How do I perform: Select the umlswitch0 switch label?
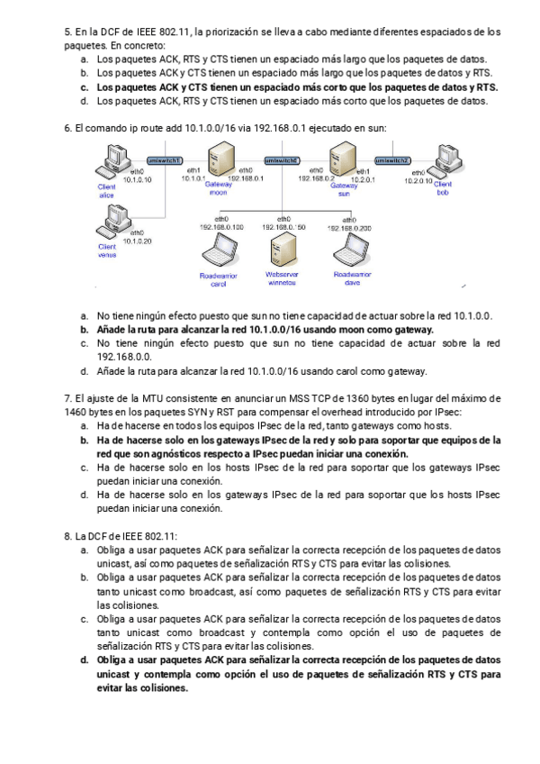(x=281, y=159)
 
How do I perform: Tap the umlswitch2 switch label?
(x=391, y=159)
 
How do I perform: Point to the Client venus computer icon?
(x=116, y=220)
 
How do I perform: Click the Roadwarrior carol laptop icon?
(x=218, y=249)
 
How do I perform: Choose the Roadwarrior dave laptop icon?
(x=346, y=249)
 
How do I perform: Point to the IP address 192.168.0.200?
(x=352, y=227)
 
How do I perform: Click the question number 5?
(x=67, y=32)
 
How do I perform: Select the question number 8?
(x=67, y=536)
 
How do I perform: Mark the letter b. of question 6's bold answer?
(x=84, y=330)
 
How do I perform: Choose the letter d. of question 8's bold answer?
(x=84, y=659)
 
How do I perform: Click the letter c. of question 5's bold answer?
(x=84, y=87)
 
